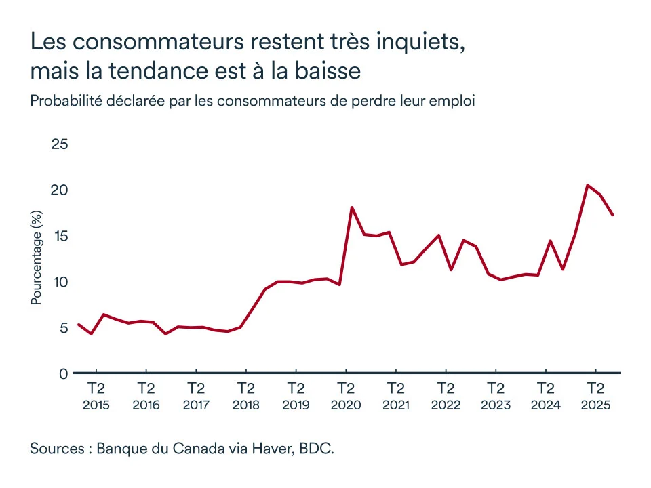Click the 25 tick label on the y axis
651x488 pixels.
[x=60, y=144]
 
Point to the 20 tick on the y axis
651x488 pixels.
[x=60, y=190]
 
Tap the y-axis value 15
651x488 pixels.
[x=60, y=236]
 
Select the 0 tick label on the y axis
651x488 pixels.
[x=64, y=373]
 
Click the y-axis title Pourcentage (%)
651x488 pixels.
[x=37, y=257]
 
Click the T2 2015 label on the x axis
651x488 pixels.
[x=96, y=396]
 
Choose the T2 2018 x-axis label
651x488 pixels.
[x=245, y=396]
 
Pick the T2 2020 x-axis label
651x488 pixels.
[x=346, y=396]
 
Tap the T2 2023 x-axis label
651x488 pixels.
[x=496, y=396]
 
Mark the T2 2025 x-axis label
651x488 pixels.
[x=595, y=396]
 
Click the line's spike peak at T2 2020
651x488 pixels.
[x=351, y=207]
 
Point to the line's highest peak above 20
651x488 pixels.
[x=587, y=185]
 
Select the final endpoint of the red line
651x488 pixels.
[x=612, y=215]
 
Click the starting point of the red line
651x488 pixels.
[x=79, y=325]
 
